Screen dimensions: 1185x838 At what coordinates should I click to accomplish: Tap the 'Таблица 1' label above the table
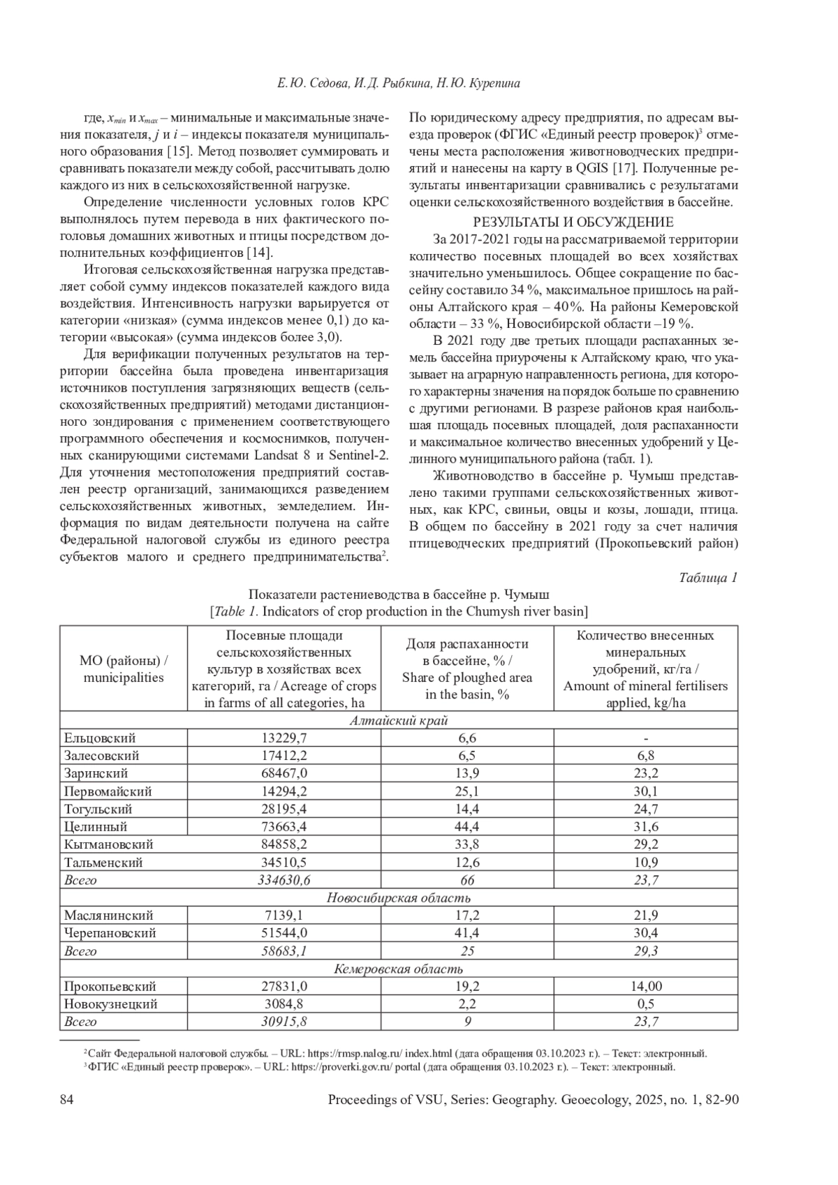pos(708,577)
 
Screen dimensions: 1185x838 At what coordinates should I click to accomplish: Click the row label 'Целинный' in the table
pos(96,827)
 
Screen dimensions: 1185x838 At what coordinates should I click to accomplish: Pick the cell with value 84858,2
pos(284,844)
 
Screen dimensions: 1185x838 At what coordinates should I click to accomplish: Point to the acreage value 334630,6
pos(284,880)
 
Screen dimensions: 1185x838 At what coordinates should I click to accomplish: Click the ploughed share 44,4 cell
pos(467,827)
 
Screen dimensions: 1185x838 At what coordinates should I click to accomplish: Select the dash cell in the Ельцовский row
pos(645,738)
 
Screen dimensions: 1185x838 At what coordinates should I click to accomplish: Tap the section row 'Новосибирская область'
pos(399,898)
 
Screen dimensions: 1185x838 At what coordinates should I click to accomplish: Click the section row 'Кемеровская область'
pos(399,969)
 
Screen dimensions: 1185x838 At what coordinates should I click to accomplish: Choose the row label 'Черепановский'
pos(110,933)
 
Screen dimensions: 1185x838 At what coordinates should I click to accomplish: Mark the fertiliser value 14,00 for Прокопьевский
pos(645,986)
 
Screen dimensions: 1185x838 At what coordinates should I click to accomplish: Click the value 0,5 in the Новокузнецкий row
pos(645,1004)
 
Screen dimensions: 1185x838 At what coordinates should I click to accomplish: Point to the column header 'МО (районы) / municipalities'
pos(124,669)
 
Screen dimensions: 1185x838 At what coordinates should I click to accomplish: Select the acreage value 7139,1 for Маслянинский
pos(284,916)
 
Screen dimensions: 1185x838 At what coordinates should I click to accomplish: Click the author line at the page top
pos(399,84)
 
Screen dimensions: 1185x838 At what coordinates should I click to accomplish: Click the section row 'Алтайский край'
pos(399,721)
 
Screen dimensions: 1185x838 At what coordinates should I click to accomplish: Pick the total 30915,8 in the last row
pos(284,1022)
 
